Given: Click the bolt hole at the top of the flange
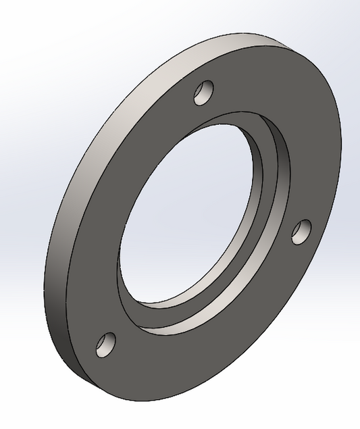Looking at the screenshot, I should [x=203, y=93].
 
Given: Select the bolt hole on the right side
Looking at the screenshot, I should [x=301, y=231].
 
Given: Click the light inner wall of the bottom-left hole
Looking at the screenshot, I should [x=102, y=346].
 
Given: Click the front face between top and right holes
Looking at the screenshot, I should [x=290, y=135].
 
